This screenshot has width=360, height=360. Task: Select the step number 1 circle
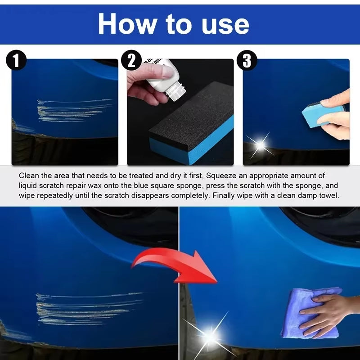pyautogui.click(x=16, y=61)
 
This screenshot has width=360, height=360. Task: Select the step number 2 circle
pyautogui.click(x=131, y=61)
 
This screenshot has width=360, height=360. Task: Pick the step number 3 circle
pyautogui.click(x=247, y=61)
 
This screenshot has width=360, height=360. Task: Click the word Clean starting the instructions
pyautogui.click(x=29, y=175)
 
